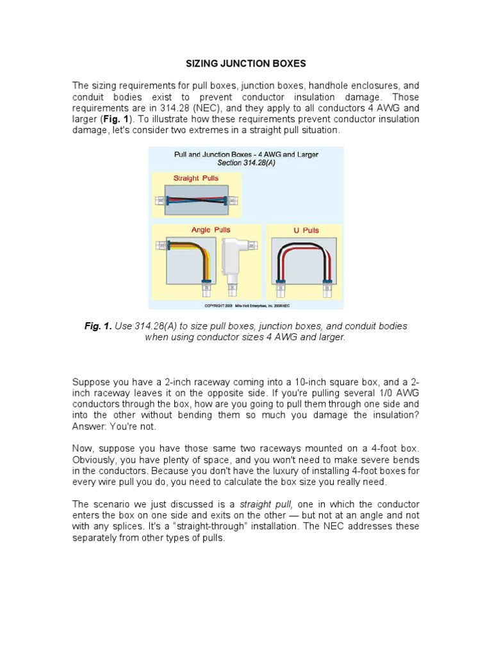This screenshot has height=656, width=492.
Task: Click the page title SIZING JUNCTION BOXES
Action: point(246,63)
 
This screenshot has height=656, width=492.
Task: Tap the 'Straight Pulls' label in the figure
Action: point(196,177)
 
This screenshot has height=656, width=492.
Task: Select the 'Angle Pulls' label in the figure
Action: point(211,229)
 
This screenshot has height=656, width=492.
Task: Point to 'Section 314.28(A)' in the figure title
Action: point(246,163)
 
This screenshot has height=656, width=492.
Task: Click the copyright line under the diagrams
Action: point(246,306)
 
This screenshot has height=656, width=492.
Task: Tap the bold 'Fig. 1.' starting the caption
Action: point(98,326)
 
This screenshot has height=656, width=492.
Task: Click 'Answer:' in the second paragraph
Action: point(90,427)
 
